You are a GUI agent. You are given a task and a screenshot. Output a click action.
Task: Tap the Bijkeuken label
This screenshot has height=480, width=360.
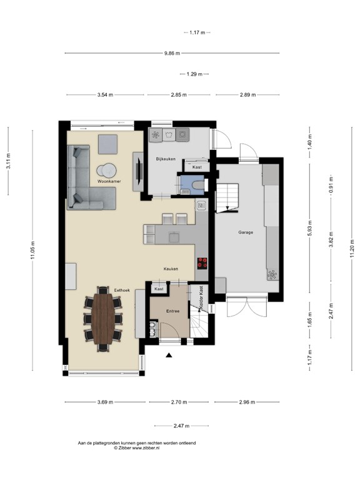coord(166,159)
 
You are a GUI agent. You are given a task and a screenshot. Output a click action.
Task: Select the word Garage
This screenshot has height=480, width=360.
coord(246,232)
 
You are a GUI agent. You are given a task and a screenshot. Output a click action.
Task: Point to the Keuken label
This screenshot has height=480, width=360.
coord(171,269)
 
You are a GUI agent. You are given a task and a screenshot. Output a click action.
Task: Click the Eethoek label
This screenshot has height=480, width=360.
coord(122,289)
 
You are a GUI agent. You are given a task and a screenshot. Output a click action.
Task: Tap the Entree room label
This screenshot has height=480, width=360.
coord(172,311)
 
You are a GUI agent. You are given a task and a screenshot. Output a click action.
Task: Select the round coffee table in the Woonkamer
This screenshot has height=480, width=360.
coord(106,170)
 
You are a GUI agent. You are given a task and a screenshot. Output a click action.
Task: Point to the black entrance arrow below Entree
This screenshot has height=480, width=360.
coord(168,356)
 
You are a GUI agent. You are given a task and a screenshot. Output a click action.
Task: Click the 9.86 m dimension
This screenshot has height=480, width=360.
coord(172,54)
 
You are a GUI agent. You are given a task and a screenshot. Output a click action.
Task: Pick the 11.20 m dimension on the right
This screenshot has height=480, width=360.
coord(352,250)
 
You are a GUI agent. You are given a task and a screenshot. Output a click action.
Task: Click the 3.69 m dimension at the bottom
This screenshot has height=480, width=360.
coord(105,402)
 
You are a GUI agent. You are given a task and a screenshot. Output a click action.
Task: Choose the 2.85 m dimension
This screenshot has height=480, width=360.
coord(179,95)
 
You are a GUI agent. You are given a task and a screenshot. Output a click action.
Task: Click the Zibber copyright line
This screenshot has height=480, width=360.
coord(136,448)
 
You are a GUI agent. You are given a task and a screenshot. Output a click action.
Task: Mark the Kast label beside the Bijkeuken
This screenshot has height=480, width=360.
coord(197,167)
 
